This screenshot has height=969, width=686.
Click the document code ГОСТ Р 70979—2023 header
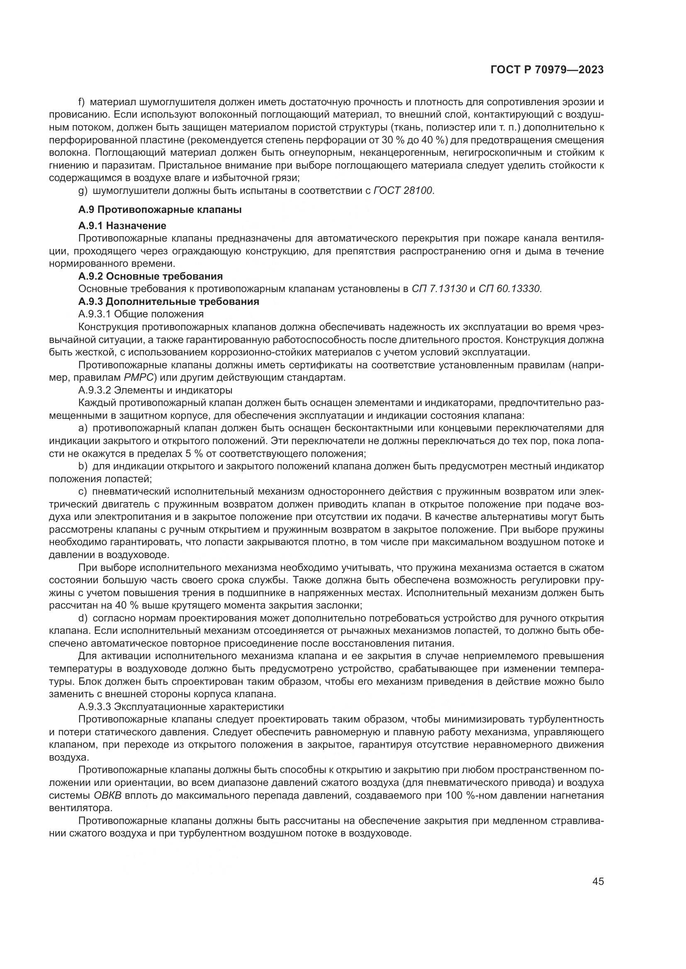coord(547,70)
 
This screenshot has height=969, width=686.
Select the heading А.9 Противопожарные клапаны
coord(160,210)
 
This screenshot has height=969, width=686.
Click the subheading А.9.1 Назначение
coord(122,226)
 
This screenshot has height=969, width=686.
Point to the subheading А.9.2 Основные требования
coord(151,276)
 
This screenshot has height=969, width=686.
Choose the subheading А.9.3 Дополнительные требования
coord(168,302)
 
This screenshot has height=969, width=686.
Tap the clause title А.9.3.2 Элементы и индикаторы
coord(156,390)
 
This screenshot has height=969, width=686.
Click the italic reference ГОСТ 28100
coord(404,191)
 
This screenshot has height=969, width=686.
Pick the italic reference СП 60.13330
coord(510,289)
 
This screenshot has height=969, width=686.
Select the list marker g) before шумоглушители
coord(83,191)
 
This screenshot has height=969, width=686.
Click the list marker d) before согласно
coord(83,618)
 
